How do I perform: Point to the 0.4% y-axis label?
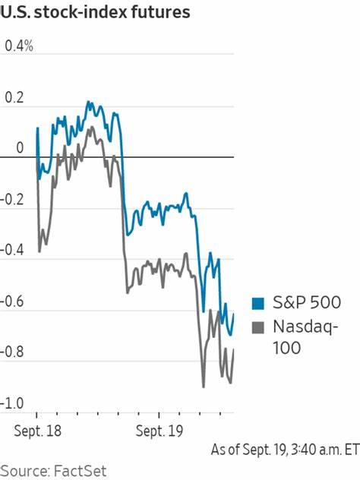20,46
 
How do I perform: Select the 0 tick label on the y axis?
21,148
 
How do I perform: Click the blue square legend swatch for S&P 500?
258,304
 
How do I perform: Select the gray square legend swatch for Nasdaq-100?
258,327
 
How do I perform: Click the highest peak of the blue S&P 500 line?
88,101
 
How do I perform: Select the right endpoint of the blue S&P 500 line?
234,313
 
